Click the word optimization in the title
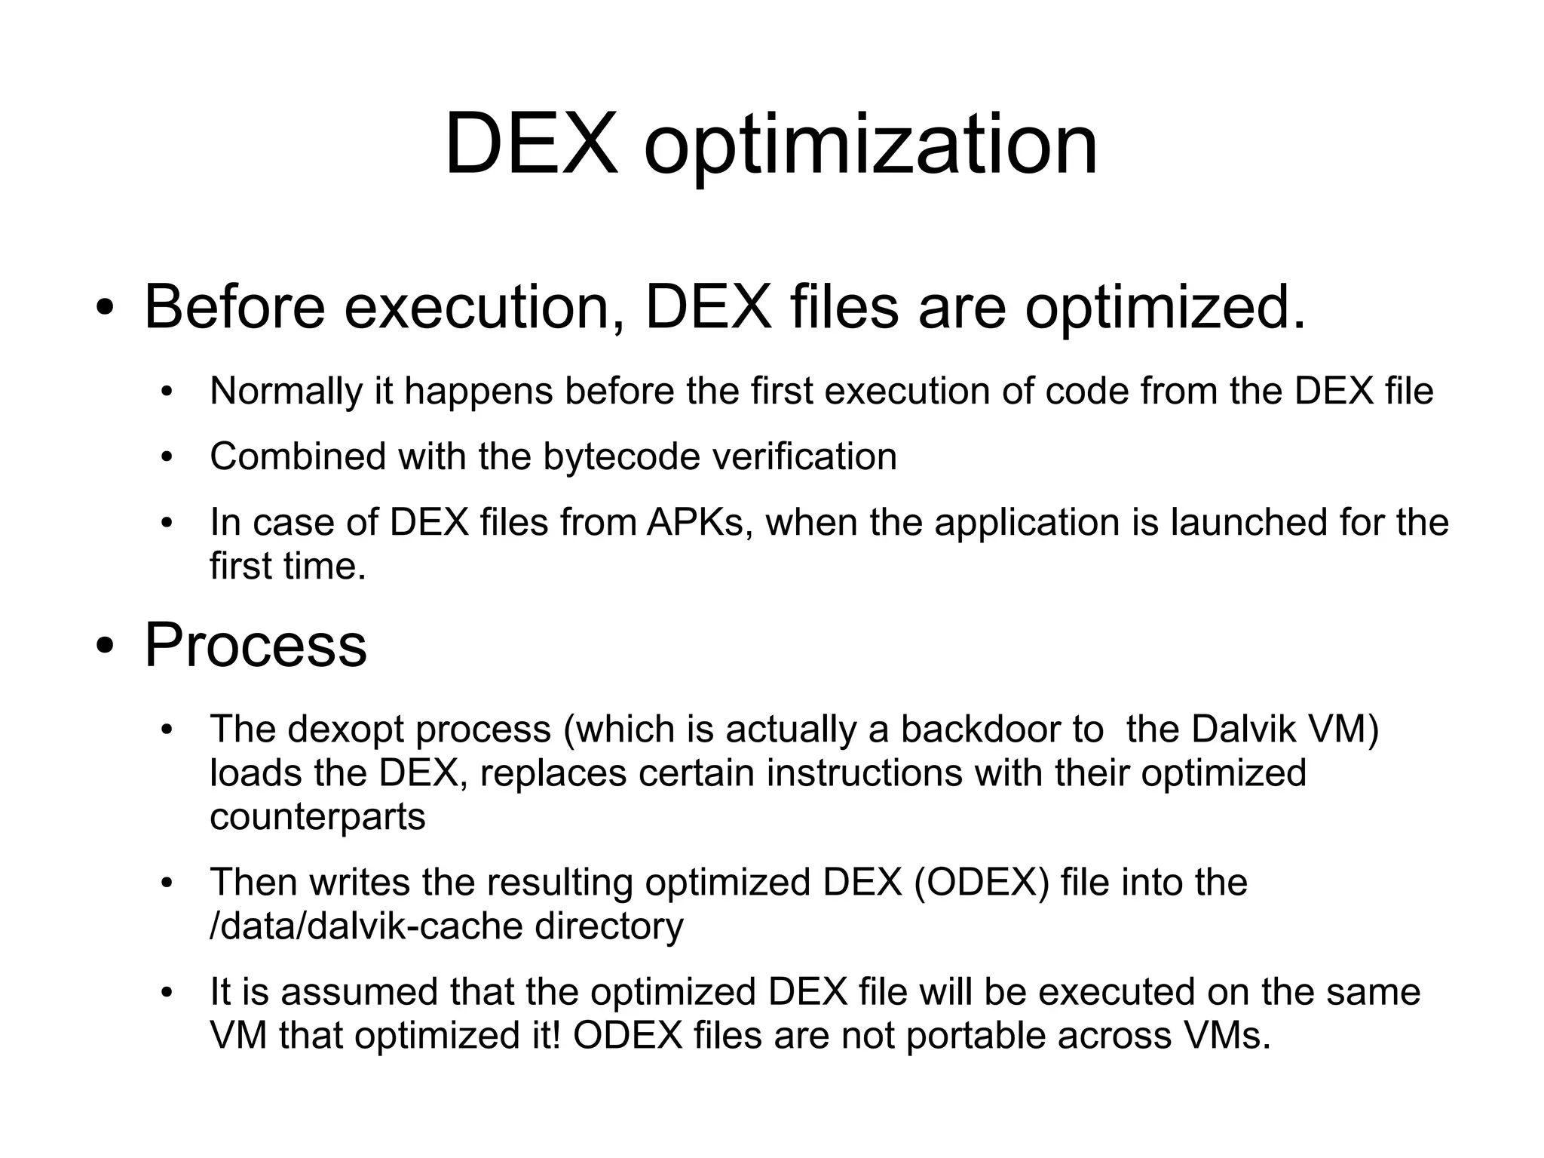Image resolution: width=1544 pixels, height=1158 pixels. [x=870, y=145]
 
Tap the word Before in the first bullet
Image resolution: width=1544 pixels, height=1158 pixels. [x=234, y=307]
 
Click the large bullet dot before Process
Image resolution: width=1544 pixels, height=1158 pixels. [x=105, y=646]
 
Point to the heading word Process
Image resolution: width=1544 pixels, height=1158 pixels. [x=255, y=646]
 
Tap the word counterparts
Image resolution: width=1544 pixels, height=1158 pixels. [x=317, y=817]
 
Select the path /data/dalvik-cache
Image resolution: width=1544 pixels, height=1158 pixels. [x=366, y=926]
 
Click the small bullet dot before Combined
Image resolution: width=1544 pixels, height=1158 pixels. [x=167, y=457]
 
